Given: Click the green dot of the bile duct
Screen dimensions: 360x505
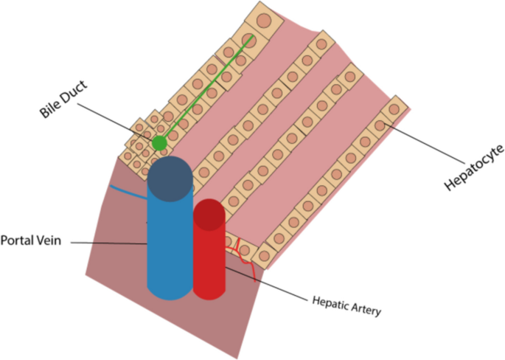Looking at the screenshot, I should [x=159, y=142].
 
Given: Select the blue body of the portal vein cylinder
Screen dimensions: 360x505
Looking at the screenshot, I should [x=170, y=243].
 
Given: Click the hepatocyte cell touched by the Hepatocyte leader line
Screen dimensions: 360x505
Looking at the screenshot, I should [x=380, y=125].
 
